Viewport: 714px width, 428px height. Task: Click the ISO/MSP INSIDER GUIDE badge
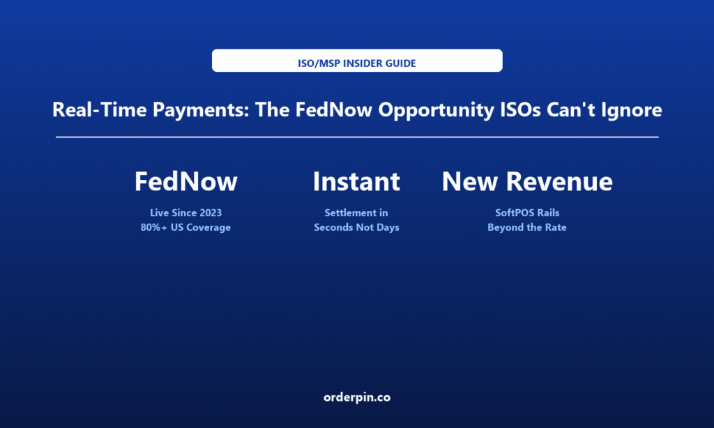[x=357, y=61]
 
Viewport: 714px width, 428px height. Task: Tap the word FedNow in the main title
[x=334, y=109]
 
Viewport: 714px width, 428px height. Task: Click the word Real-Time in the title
[x=99, y=109]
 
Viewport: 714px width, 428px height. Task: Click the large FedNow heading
[x=185, y=181]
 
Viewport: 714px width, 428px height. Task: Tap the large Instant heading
[x=356, y=181]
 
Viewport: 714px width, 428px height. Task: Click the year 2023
[x=211, y=213]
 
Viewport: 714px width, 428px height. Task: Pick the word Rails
[x=548, y=213]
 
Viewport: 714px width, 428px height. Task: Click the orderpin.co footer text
[x=357, y=397]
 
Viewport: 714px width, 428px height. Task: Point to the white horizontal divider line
[x=357, y=137]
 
